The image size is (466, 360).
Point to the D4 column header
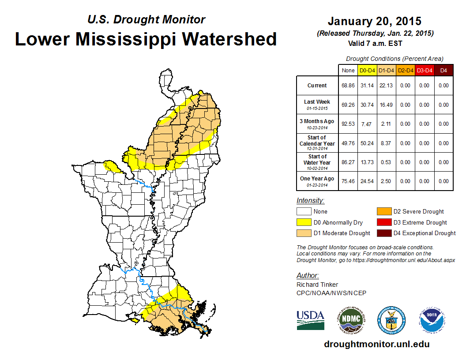(443, 70)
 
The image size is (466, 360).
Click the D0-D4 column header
(367, 70)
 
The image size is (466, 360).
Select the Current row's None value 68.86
(348, 86)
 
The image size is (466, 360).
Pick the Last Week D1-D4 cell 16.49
(387, 105)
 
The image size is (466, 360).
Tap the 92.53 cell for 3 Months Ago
(348, 124)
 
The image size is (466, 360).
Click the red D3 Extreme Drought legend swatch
(383, 222)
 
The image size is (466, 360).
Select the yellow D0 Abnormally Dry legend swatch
(304, 222)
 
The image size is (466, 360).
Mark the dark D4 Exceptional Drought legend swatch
(383, 233)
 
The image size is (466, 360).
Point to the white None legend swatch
(304, 212)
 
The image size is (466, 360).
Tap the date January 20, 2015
(374, 21)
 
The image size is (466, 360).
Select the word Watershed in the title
(229, 39)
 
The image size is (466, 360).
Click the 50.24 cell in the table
(367, 143)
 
